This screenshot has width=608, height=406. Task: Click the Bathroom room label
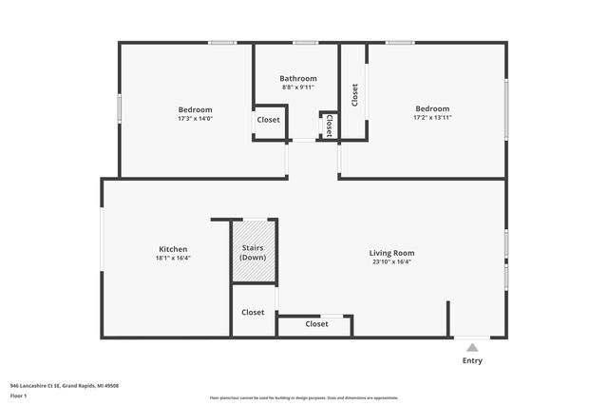[297, 78]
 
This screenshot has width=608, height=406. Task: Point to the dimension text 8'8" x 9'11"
[297, 87]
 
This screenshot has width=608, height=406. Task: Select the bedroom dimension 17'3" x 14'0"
[195, 118]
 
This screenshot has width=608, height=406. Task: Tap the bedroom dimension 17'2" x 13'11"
[431, 118]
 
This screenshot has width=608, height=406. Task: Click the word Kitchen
[173, 249]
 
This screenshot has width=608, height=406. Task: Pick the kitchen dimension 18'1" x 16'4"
[173, 258]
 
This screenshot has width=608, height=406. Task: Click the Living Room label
[391, 253]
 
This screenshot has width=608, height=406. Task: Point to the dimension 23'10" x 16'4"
[391, 261]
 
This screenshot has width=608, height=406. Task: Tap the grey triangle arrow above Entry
[472, 348]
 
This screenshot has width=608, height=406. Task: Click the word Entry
[472, 361]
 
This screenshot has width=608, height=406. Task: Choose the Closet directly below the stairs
[253, 312]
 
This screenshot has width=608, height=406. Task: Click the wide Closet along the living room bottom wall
[316, 324]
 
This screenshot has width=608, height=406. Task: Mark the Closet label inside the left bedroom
[269, 120]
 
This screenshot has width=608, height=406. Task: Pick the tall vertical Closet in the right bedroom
[354, 95]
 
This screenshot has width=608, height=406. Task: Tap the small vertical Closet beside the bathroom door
[329, 125]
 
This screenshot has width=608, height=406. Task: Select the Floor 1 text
[18, 395]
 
